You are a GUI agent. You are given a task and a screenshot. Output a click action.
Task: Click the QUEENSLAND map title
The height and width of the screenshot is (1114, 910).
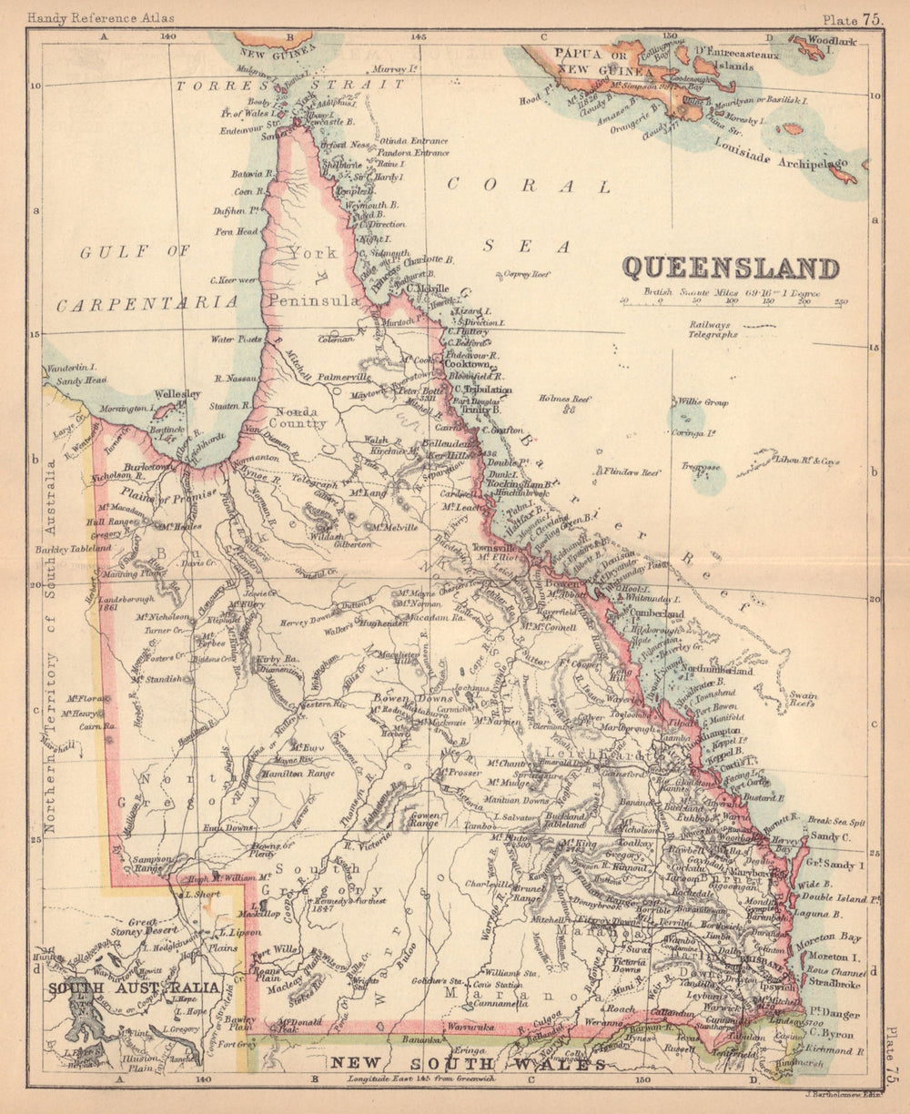coord(730,268)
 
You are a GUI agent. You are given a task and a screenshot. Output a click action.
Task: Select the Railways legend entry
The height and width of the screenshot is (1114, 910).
coord(710,325)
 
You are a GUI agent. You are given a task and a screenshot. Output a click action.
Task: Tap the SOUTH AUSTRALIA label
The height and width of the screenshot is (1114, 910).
coord(135,988)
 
